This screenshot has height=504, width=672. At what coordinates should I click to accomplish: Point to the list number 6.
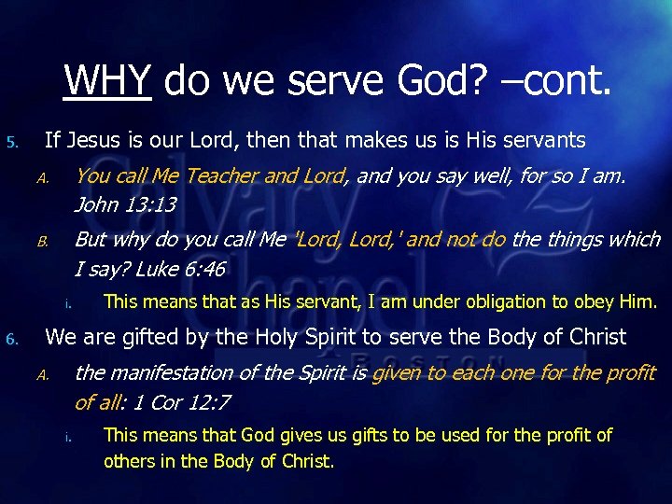(x=11, y=339)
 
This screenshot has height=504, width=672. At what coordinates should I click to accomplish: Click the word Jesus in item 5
(x=90, y=141)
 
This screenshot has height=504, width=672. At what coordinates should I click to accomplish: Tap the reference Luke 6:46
(x=180, y=270)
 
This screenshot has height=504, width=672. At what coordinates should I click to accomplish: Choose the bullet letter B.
(x=42, y=242)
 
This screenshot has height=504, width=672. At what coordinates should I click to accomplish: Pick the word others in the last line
(x=130, y=461)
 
